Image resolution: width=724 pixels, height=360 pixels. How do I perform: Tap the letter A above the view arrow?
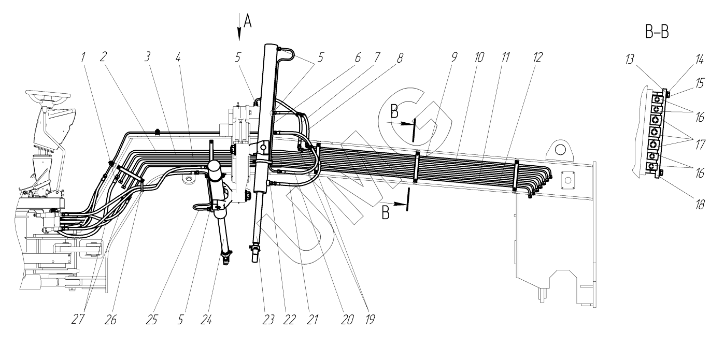click(247, 21)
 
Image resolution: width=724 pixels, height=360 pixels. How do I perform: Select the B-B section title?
click(657, 33)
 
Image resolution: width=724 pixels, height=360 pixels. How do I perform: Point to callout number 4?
click(178, 57)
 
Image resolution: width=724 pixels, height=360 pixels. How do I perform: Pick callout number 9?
click(455, 57)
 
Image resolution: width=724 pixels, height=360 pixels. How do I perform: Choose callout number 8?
click(399, 57)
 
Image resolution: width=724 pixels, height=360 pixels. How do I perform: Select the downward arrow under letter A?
click(239, 32)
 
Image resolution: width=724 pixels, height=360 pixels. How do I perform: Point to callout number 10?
click(478, 57)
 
